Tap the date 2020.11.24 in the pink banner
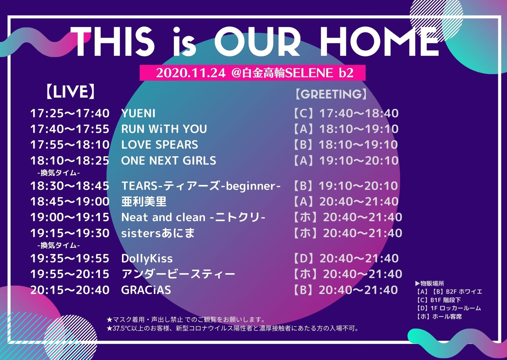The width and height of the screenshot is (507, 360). coord(191,73)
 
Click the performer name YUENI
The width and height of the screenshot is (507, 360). coord(138,113)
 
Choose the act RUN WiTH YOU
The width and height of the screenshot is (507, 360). coord(164,129)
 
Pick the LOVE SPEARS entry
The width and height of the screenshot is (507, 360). coord(160,145)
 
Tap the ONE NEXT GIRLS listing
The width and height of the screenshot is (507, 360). coord(169,161)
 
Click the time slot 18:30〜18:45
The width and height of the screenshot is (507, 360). coord(70,186)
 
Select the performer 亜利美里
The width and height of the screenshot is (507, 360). coord(144,201)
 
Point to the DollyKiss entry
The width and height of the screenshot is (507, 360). coord(147,258)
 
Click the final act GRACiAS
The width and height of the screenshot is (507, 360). coord(146,290)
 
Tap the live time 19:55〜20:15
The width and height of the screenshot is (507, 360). coord(70,274)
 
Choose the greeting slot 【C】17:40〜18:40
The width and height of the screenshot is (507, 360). coord(345,113)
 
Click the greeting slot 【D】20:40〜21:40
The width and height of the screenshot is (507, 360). coord(345,258)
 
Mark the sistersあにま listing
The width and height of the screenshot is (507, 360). coord(158,233)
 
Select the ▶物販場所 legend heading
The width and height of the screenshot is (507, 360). coord(430,283)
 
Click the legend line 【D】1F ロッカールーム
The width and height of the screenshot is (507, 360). coord(448,308)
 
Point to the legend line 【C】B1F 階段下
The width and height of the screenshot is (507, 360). coord(438,300)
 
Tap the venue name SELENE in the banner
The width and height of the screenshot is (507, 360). coord(309,73)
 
